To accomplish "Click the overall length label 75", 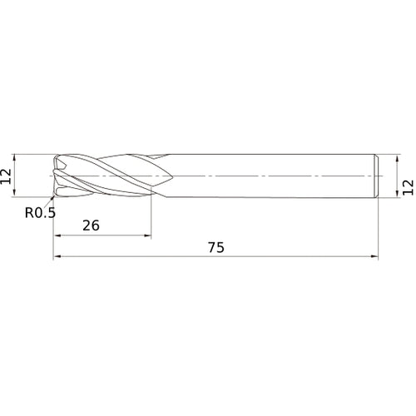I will [215, 247].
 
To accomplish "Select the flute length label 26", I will [92, 225].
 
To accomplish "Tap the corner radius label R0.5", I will [38, 212].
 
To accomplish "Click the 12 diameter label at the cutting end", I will [7, 176].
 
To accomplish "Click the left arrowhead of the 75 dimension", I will [57, 258].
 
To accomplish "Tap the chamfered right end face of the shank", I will [379, 176].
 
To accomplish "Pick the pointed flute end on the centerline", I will [171, 176].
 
